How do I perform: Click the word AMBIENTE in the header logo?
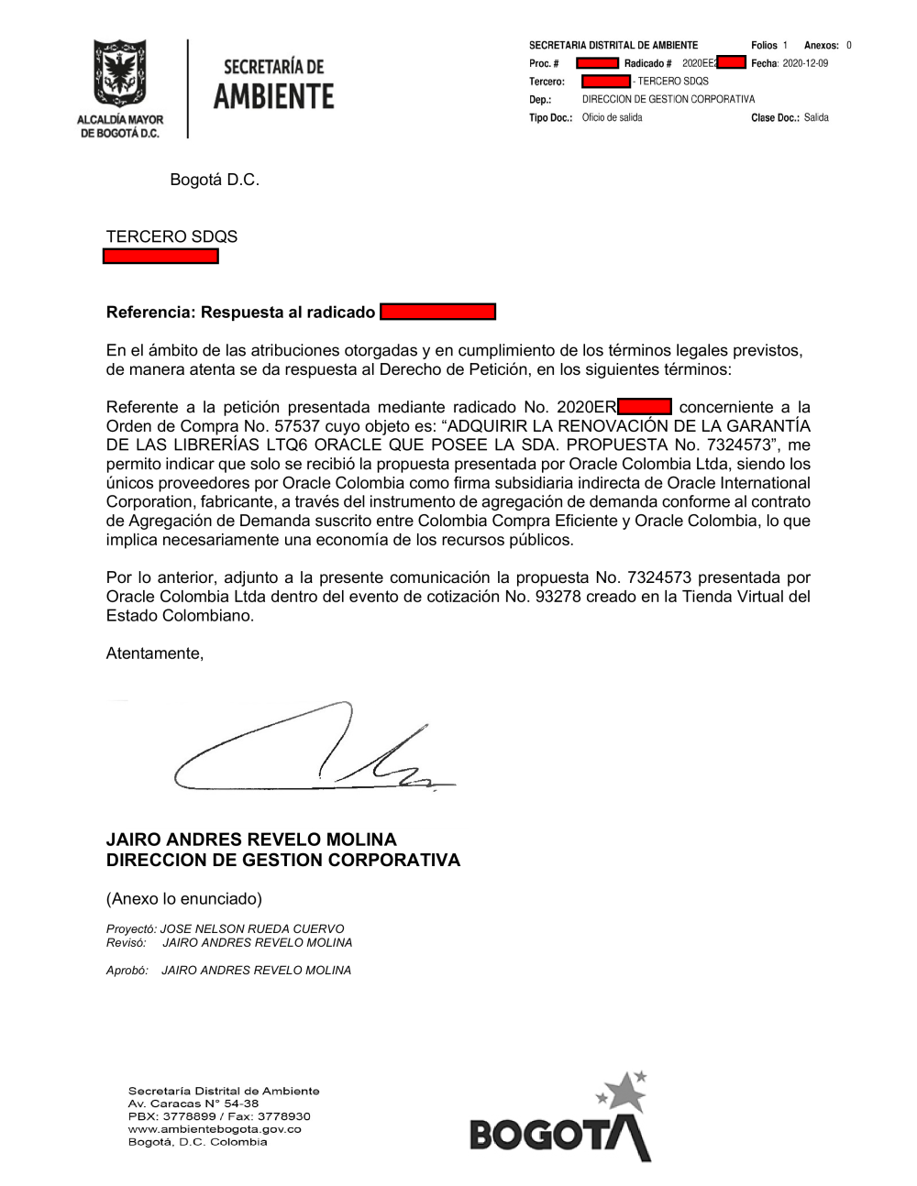click(x=273, y=96)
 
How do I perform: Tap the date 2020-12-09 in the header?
click(x=805, y=63)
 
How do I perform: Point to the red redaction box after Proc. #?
click(x=597, y=63)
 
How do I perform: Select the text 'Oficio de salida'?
click(x=612, y=117)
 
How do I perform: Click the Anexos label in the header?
click(x=821, y=45)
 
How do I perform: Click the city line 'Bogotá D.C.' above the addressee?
click(x=215, y=180)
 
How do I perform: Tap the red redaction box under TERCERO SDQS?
click(x=160, y=257)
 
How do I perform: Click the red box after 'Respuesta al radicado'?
click(x=437, y=312)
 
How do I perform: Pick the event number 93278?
click(x=558, y=597)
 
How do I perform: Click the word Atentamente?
click(x=154, y=653)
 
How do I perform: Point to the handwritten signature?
click(x=312, y=752)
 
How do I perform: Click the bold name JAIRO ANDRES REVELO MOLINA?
click(x=251, y=840)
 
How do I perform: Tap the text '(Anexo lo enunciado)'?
click(x=184, y=898)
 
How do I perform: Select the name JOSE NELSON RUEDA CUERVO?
click(x=252, y=928)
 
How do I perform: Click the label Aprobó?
click(x=127, y=970)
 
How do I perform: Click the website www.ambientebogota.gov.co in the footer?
click(x=215, y=1129)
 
